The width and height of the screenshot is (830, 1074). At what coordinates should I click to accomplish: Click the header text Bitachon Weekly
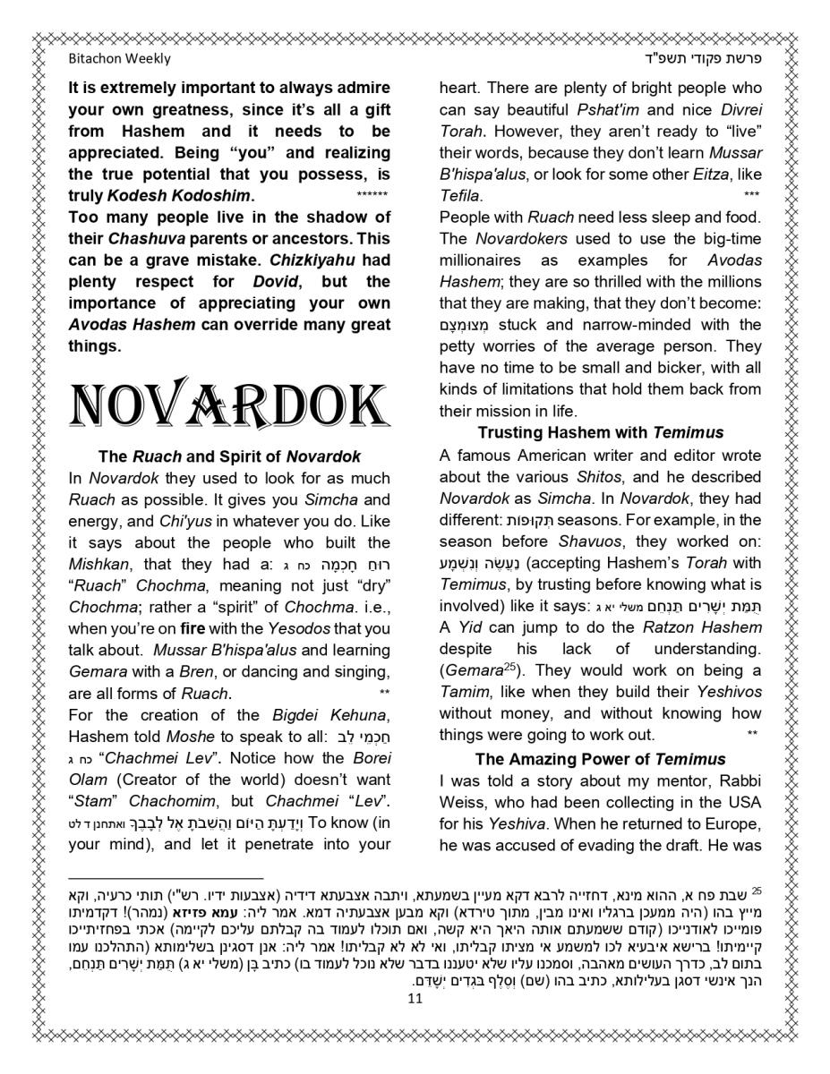click(119, 59)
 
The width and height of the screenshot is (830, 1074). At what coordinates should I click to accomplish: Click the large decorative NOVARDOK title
click(229, 405)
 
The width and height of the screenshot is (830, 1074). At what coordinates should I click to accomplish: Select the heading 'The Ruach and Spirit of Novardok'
click(229, 456)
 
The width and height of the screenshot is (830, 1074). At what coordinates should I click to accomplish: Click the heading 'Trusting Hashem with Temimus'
click(600, 433)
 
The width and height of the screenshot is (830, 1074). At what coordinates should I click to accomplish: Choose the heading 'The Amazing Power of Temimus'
click(600, 760)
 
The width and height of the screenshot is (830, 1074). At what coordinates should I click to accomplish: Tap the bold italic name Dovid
click(274, 282)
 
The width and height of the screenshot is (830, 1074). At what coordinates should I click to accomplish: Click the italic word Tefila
click(460, 195)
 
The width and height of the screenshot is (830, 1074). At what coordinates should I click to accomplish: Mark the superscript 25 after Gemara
click(509, 666)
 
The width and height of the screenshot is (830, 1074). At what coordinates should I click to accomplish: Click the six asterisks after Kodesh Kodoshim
click(372, 195)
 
